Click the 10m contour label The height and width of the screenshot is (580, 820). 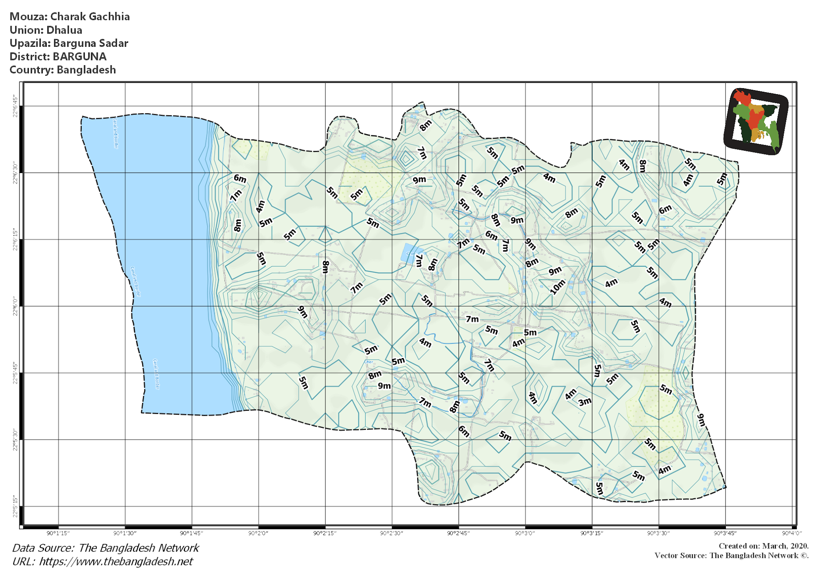(557, 287)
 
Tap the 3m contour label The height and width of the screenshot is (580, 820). (585, 401)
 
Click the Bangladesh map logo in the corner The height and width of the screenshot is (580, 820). (756, 121)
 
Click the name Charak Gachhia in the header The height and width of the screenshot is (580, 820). (90, 17)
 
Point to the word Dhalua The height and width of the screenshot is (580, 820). (64, 30)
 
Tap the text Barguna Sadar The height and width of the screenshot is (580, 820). (90, 43)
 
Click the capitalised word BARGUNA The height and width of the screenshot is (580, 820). (80, 56)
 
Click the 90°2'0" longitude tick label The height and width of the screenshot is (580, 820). (258, 533)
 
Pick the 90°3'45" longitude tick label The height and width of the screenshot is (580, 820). (725, 533)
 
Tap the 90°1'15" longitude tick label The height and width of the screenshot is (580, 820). (58, 533)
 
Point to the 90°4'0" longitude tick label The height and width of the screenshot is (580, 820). (792, 533)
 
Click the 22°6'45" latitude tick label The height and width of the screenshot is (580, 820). (15, 106)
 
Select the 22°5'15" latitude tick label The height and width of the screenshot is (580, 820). (15, 507)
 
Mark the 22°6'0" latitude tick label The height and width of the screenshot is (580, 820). (15, 306)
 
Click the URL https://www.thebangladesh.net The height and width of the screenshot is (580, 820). (116, 562)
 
